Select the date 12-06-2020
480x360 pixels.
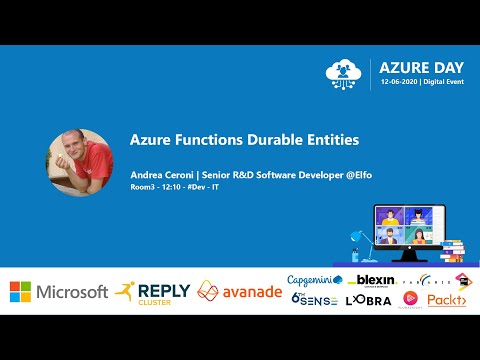(x=398, y=83)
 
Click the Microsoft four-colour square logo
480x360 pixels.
(x=20, y=291)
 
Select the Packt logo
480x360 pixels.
(x=445, y=298)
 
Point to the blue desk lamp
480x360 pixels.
(x=355, y=238)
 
